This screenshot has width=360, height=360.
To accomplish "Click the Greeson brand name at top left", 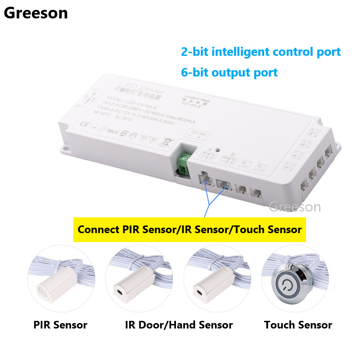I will (36, 13).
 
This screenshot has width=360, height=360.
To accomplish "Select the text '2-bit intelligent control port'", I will (261, 52).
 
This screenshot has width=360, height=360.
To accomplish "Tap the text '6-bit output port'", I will (229, 72).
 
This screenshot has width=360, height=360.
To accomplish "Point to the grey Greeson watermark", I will (295, 207).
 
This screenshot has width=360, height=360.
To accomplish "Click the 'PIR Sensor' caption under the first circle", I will (60, 325).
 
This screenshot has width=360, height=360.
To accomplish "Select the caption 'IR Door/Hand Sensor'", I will (179, 325).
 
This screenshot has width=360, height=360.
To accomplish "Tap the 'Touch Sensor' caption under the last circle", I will (298, 325).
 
